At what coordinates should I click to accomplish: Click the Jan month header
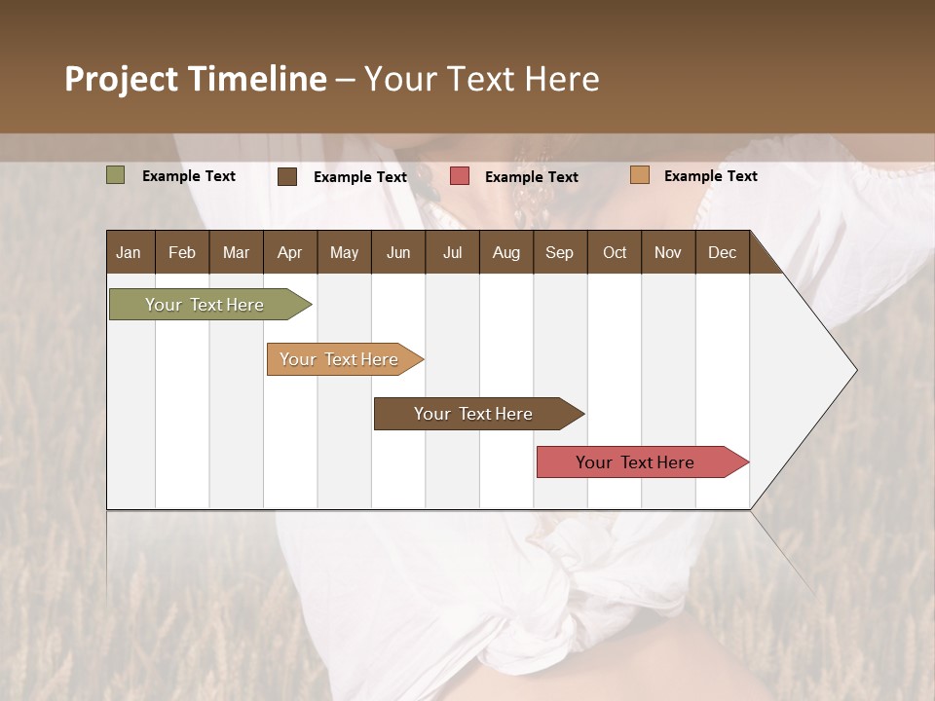[129, 252]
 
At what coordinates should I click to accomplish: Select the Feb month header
[182, 252]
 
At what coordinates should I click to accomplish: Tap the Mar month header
[236, 252]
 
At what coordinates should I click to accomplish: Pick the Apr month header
[290, 252]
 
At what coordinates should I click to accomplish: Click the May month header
[344, 252]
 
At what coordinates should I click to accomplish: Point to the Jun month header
[398, 252]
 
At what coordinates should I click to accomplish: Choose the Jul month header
[452, 252]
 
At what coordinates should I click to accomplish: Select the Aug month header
[506, 252]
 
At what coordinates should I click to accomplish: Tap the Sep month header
[560, 252]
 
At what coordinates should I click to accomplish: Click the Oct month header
[615, 252]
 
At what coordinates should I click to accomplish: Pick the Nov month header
[668, 252]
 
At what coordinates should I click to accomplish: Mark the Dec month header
[723, 252]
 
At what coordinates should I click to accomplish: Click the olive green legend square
[116, 175]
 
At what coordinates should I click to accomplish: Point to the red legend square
[460, 176]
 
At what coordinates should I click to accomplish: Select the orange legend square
[640, 175]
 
